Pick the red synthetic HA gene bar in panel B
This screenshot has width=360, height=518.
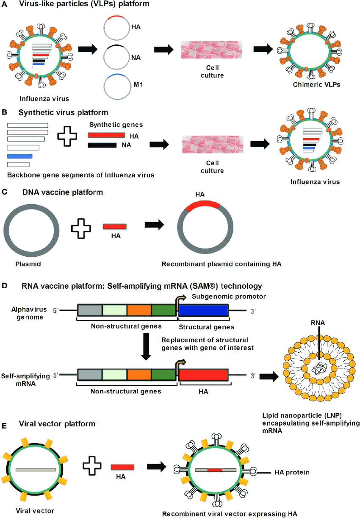[x=106, y=135]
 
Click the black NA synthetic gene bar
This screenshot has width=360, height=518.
[x=102, y=145]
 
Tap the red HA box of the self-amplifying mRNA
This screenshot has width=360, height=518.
[x=203, y=374]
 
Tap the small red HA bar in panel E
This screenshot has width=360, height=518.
[x=122, y=466]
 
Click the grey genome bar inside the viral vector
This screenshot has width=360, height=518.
[x=36, y=469]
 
